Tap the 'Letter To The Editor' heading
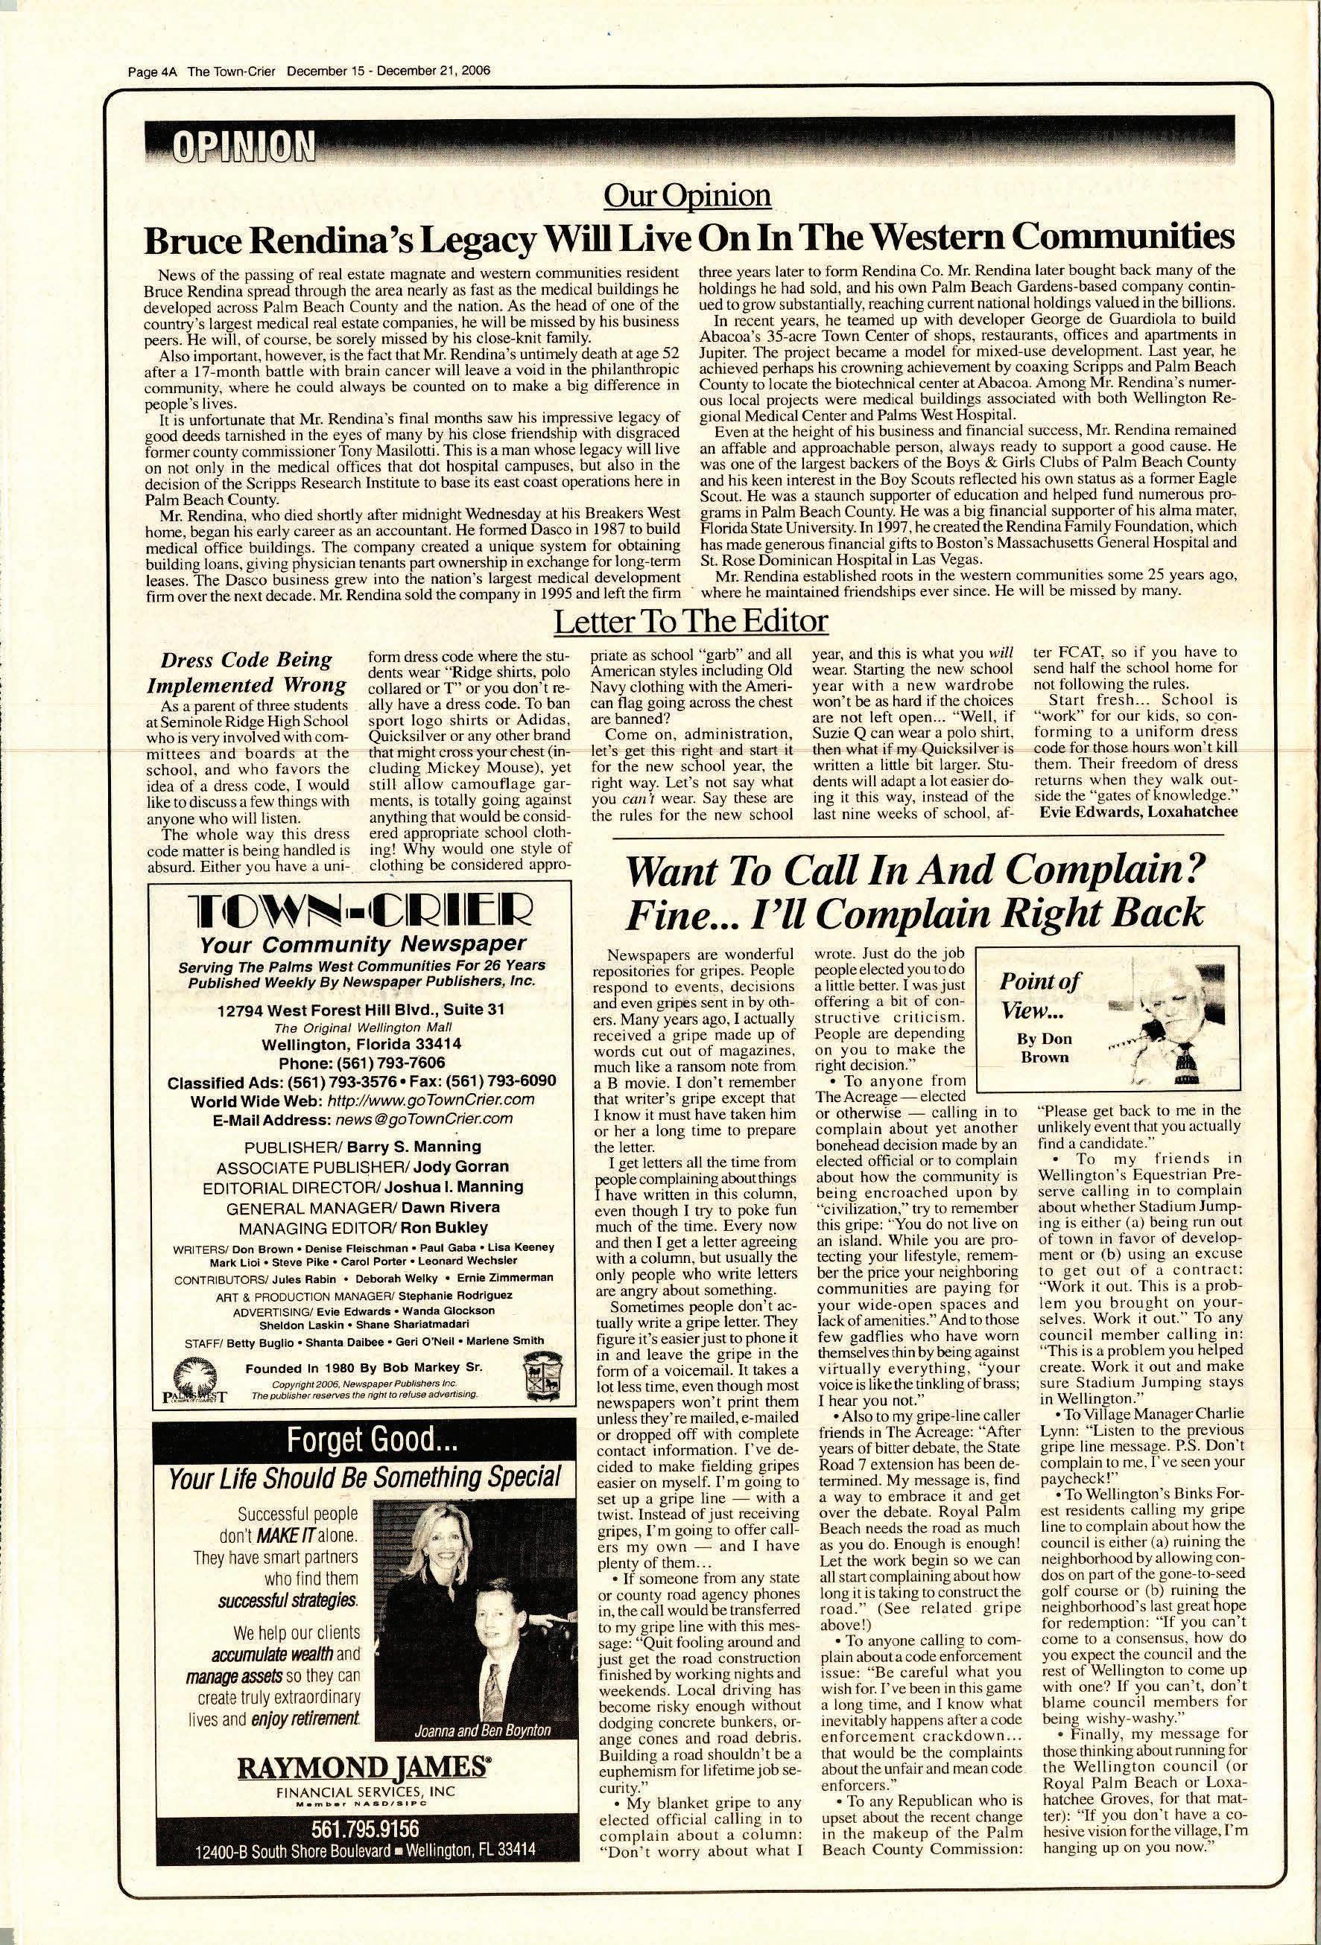coord(691,622)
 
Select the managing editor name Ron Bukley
coord(443,1227)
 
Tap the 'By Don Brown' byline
coord(1044,1047)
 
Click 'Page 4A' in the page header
coord(155,71)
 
